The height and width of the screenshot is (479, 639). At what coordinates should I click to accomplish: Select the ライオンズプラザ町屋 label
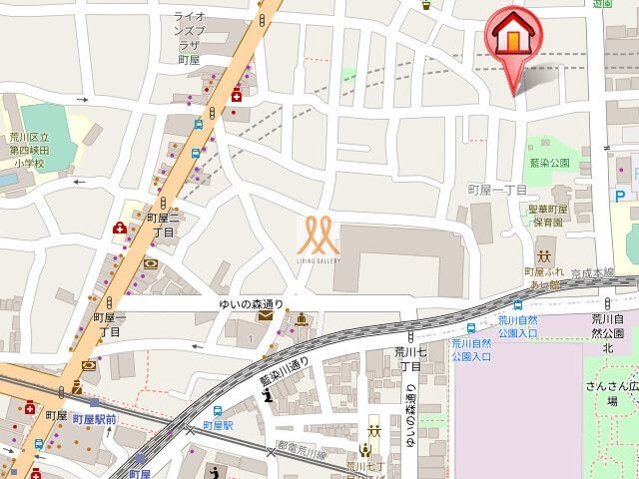pos(190,38)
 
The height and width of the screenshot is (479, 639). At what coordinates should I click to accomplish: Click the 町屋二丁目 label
pos(161,224)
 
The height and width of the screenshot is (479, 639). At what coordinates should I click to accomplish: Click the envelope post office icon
pos(264,315)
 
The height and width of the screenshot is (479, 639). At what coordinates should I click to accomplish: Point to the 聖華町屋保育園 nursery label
pos(547,216)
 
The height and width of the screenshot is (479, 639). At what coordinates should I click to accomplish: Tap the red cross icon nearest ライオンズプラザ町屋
pos(236,95)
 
